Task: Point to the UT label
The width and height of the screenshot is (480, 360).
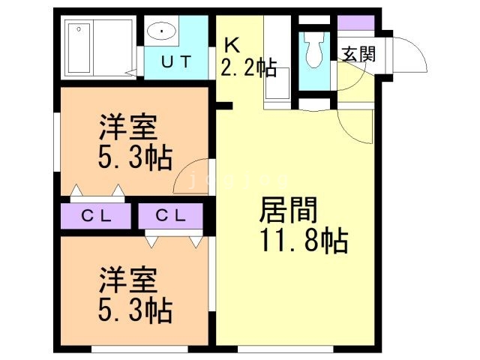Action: point(178,61)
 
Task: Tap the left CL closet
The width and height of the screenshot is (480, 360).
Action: point(97,217)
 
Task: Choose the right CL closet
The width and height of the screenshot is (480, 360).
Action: point(171,217)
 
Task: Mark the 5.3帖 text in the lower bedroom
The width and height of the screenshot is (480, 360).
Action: point(135,308)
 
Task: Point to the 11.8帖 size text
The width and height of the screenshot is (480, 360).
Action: point(303,241)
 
